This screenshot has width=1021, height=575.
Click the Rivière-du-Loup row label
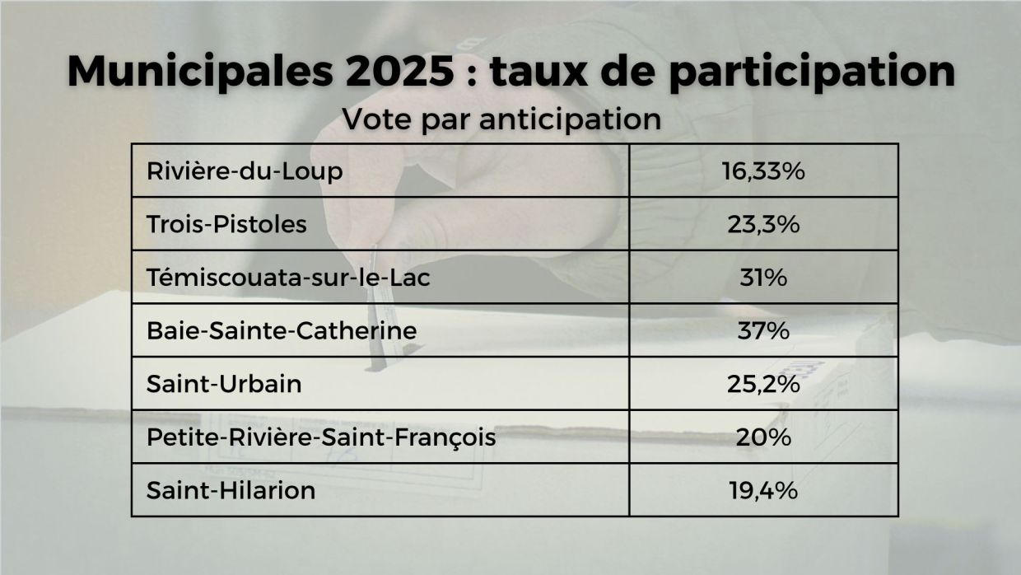(x=244, y=171)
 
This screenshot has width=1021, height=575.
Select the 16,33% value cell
(x=763, y=171)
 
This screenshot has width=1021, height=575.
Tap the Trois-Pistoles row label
(x=226, y=224)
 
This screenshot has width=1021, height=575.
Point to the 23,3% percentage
(x=763, y=224)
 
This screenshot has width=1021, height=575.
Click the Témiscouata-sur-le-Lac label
(x=288, y=278)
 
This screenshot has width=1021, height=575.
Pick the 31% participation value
(x=763, y=278)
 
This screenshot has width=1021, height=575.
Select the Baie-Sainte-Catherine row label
(x=281, y=331)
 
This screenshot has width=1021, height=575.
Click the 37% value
(x=763, y=331)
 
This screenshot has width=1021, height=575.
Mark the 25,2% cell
(x=763, y=384)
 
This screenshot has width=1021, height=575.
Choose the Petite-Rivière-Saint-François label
(x=321, y=437)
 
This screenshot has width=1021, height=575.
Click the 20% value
(x=763, y=437)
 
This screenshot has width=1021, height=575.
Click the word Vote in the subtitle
(x=371, y=119)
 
